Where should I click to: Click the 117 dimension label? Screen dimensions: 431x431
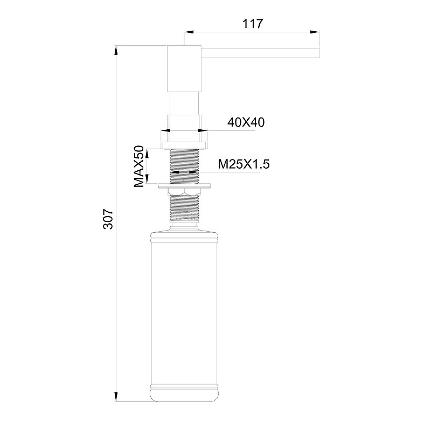(x=252, y=24)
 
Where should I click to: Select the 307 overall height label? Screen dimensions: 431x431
(x=108, y=219)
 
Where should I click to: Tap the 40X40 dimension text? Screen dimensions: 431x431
(x=246, y=122)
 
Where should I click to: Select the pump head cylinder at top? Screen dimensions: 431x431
(x=184, y=68)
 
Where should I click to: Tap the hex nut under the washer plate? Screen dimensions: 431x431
(x=185, y=192)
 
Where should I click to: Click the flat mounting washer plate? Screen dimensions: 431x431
(x=185, y=186)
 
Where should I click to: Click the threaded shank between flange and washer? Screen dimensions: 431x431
(x=185, y=162)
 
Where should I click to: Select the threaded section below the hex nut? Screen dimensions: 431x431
(x=185, y=207)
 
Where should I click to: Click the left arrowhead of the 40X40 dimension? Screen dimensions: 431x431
(x=164, y=130)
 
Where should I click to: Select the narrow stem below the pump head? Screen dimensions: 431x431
(x=184, y=102)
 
